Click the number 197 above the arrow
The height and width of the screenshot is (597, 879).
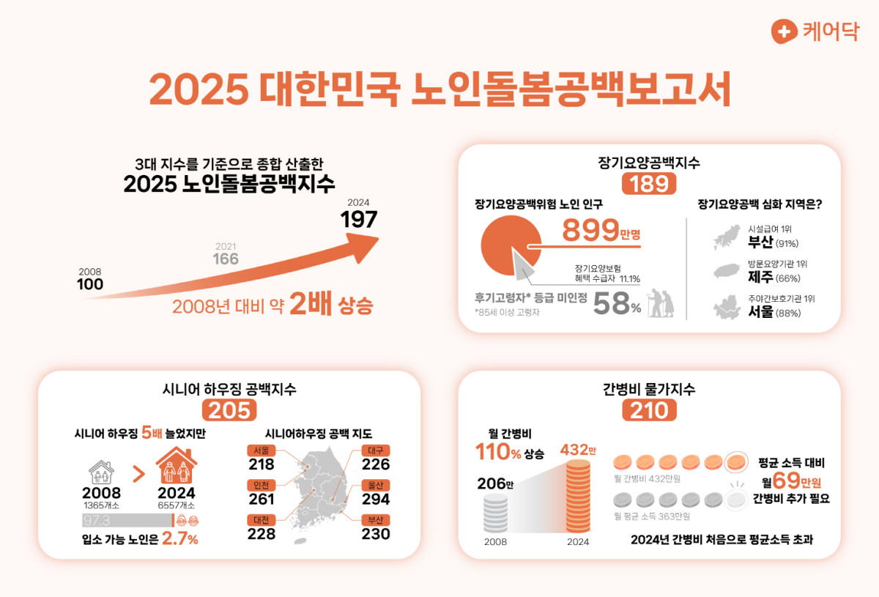tap(358, 219)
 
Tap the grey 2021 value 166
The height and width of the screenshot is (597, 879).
tap(226, 259)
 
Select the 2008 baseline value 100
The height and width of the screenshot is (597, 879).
tap(90, 284)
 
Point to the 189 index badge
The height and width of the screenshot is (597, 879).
tap(649, 184)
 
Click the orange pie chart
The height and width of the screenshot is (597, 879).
tap(510, 247)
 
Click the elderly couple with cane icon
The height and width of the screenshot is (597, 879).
tap(661, 301)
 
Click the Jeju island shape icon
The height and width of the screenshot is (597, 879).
tap(730, 272)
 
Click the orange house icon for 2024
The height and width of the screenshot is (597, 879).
tap(177, 466)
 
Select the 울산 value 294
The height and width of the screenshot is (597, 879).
tap(376, 500)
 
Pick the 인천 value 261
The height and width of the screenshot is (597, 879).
tap(262, 500)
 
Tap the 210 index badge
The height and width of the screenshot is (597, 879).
tap(649, 410)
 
